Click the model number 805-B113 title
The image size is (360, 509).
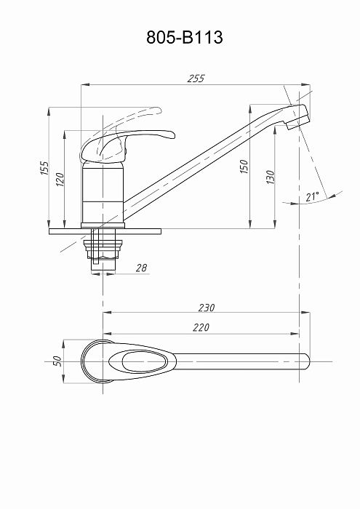pos(185,37)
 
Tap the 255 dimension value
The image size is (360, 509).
pos(196,79)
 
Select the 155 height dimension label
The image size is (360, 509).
pos(44,168)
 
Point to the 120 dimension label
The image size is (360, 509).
pos(60,180)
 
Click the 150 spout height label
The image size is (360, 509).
pos(244,167)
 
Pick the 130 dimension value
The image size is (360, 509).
pos(270,177)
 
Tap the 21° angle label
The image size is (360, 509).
pos(312,196)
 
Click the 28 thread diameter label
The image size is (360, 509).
pos(141,268)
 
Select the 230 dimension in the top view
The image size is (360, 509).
pos(207,308)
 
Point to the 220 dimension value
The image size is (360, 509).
pos(201,327)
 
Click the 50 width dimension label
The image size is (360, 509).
pos(57,361)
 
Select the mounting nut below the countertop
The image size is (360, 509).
pos(103,249)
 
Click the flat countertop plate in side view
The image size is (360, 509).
pos(105,231)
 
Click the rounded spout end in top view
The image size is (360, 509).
pos(305,361)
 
